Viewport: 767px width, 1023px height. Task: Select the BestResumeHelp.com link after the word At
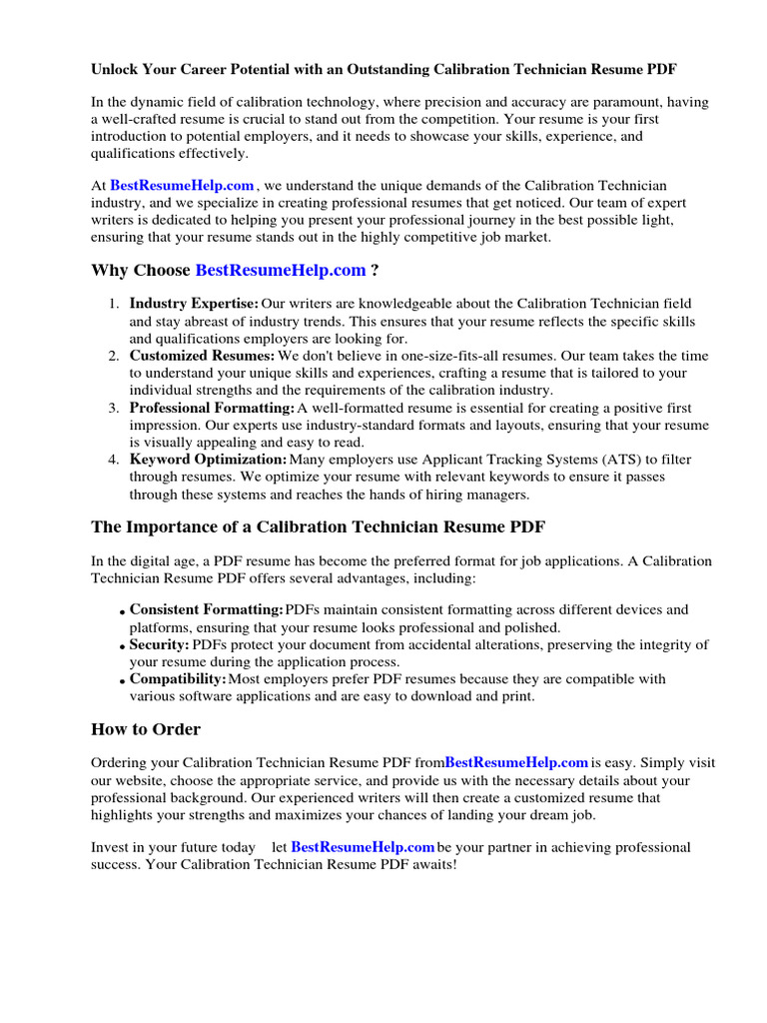click(x=182, y=186)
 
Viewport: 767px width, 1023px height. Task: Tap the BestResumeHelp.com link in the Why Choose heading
click(x=281, y=271)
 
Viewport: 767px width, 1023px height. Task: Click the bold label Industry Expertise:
click(x=194, y=304)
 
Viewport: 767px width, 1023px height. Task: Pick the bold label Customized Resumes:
click(x=202, y=356)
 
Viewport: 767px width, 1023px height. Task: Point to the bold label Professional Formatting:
click(x=212, y=408)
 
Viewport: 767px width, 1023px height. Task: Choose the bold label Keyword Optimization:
click(x=208, y=460)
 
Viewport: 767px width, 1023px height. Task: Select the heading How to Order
click(x=146, y=729)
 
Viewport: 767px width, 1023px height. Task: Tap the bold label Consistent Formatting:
click(x=207, y=609)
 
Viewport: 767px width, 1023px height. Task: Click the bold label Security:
click(x=159, y=645)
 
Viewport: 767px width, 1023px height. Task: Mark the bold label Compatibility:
click(x=178, y=679)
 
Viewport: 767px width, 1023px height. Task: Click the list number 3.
click(x=115, y=408)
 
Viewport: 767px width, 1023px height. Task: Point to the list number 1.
click(x=115, y=304)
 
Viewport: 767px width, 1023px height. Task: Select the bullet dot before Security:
click(x=122, y=647)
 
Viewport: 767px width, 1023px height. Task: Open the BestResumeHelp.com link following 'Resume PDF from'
click(x=516, y=763)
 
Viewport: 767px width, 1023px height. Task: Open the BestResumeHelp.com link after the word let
click(x=363, y=847)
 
